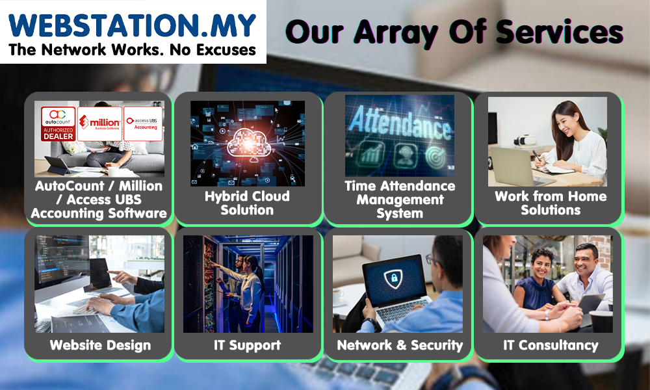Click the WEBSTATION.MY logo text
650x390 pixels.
[x=132, y=26]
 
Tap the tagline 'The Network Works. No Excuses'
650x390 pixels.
[x=132, y=50]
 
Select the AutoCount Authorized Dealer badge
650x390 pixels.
[x=58, y=123]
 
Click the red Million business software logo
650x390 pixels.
[x=99, y=123]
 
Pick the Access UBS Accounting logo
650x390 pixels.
[x=142, y=123]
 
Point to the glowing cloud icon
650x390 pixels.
[x=248, y=143]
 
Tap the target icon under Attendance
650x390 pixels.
[x=435, y=156]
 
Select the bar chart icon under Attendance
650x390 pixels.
[x=369, y=155]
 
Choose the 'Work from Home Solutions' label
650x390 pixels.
[x=551, y=203]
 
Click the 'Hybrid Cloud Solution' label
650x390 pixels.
[x=247, y=203]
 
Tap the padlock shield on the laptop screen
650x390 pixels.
[x=393, y=278]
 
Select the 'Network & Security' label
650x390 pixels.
[x=400, y=345]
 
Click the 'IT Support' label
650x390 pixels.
[x=247, y=345]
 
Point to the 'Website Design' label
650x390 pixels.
[x=100, y=345]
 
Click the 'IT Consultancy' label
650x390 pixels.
[x=551, y=345]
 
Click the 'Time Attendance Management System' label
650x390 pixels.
[x=400, y=200]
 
